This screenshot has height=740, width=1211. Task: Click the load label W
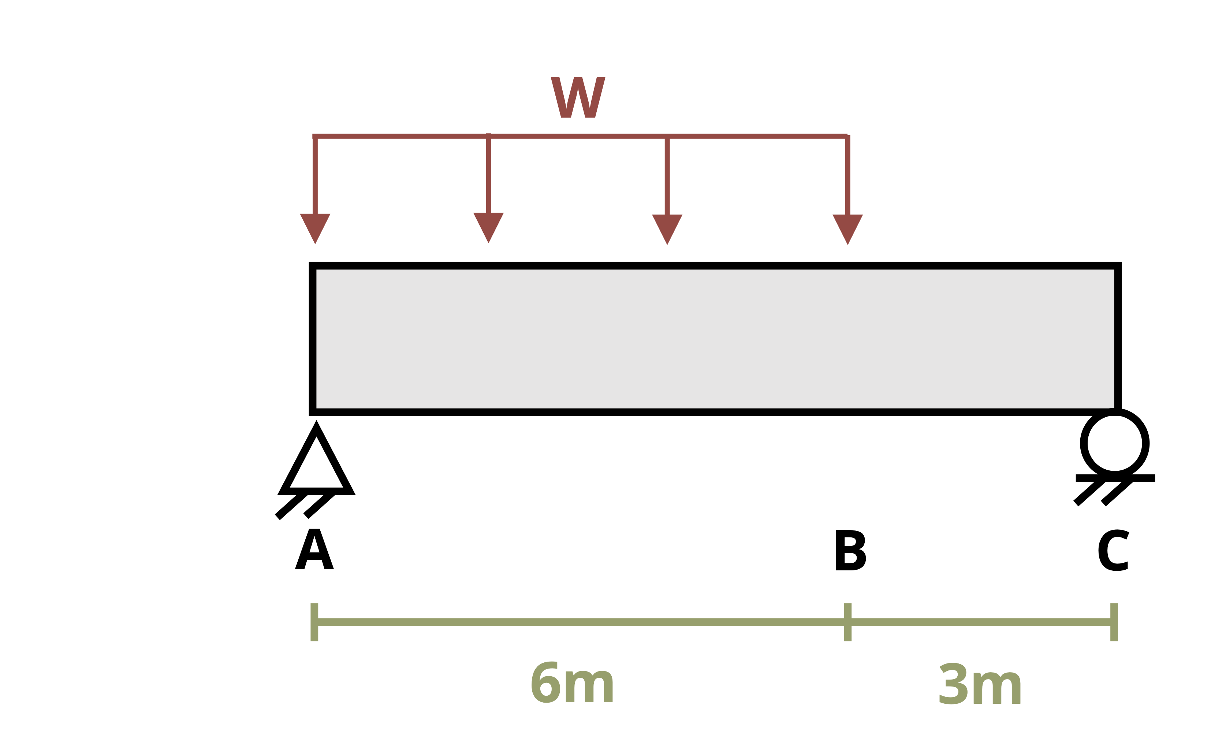click(x=578, y=97)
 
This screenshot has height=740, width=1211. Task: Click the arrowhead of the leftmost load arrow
click(x=315, y=228)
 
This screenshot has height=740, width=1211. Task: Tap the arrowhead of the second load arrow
click(x=488, y=227)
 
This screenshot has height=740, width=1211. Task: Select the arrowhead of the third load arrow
click(x=667, y=229)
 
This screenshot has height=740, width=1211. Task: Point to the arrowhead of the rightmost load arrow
click(x=848, y=229)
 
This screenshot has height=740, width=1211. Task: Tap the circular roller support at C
click(x=1115, y=444)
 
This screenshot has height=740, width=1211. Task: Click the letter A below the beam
click(x=314, y=549)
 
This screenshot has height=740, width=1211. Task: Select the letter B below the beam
click(x=851, y=550)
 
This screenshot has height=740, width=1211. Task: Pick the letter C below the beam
click(x=1113, y=550)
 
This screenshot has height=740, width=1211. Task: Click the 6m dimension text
click(x=572, y=682)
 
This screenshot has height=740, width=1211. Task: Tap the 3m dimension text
click(x=980, y=683)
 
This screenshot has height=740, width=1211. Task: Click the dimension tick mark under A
click(x=314, y=622)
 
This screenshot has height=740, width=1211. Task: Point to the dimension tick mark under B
click(x=848, y=622)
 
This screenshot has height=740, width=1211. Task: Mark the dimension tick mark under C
click(x=1114, y=622)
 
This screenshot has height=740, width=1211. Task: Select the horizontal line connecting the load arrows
click(x=580, y=136)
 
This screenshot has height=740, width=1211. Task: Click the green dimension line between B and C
click(x=981, y=622)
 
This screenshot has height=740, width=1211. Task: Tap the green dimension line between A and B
click(x=581, y=622)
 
